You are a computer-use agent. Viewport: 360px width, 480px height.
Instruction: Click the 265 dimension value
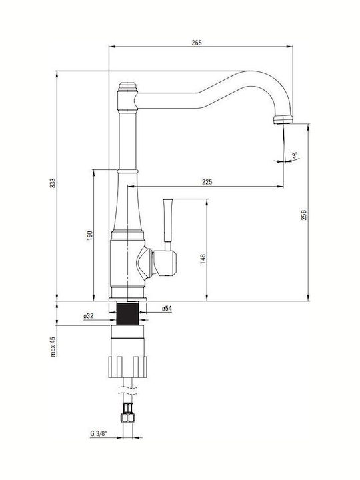tap(197, 43)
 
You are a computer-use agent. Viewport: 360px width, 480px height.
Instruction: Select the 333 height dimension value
tap(53, 183)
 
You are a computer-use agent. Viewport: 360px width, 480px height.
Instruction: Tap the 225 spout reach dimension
tap(207, 182)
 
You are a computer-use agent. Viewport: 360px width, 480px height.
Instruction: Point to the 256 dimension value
tap(303, 215)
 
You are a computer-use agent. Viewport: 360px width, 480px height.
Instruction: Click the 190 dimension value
tap(90, 235)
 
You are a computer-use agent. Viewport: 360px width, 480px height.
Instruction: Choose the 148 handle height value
tap(203, 259)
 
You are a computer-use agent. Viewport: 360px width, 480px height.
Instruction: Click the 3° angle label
tap(295, 155)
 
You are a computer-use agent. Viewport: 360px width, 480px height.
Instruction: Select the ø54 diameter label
tap(167, 309)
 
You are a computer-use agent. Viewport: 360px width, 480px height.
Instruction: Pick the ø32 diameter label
tap(89, 316)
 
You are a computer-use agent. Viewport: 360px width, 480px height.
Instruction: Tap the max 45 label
tap(53, 347)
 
